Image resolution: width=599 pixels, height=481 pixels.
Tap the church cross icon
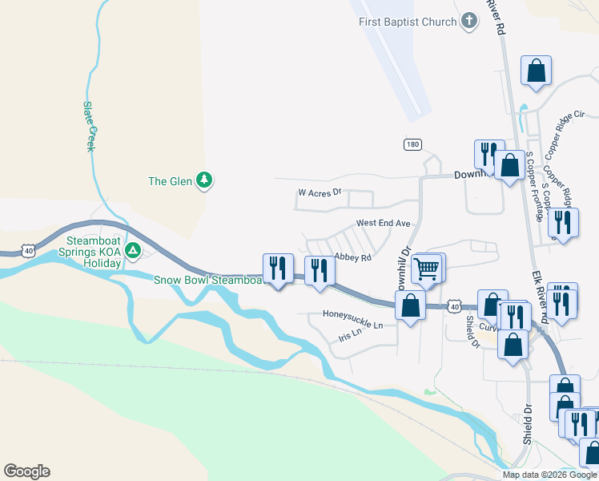(469, 22)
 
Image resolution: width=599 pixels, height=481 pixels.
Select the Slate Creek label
(91, 126)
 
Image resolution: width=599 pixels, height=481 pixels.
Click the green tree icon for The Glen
(205, 180)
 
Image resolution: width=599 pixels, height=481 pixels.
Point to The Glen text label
(171, 181)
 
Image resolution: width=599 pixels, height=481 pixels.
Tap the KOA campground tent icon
(134, 251)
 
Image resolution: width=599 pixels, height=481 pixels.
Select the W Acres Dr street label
(320, 193)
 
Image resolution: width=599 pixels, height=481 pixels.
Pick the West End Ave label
(383, 223)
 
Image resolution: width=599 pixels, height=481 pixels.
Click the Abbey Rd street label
(353, 258)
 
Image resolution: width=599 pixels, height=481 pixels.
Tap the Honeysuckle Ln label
(352, 313)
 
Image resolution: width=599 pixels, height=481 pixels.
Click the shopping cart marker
(428, 268)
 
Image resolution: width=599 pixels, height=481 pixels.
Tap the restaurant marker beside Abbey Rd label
(320, 271)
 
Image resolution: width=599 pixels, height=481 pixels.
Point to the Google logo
(26, 471)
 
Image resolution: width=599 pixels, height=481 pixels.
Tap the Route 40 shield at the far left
(29, 252)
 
